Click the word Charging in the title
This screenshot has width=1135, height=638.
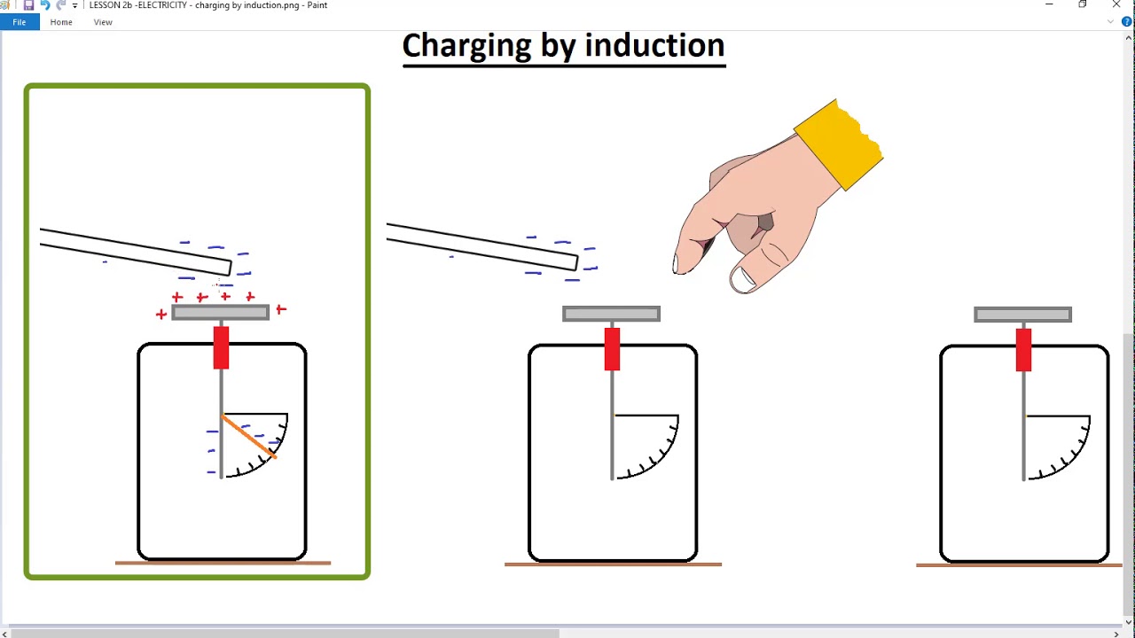click(466, 45)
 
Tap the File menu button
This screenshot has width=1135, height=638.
click(19, 22)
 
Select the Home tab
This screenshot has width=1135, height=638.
click(61, 22)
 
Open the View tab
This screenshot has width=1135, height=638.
click(103, 22)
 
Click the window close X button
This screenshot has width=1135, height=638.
click(1115, 5)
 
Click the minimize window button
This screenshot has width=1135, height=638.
click(1049, 5)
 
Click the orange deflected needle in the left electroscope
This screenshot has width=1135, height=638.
click(249, 437)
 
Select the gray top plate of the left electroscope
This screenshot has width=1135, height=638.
click(220, 312)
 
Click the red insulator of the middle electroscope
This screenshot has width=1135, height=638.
click(612, 349)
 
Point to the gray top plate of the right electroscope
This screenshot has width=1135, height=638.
click(1022, 315)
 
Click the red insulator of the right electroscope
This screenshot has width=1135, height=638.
click(1023, 349)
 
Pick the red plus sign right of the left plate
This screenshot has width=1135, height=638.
click(281, 309)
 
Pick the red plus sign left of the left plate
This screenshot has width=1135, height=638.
click(160, 314)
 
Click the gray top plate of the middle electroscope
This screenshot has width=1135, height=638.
click(611, 314)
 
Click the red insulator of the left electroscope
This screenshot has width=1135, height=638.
click(221, 347)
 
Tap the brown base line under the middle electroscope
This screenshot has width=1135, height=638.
click(613, 564)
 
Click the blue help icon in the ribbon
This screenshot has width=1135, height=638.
click(1127, 22)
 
